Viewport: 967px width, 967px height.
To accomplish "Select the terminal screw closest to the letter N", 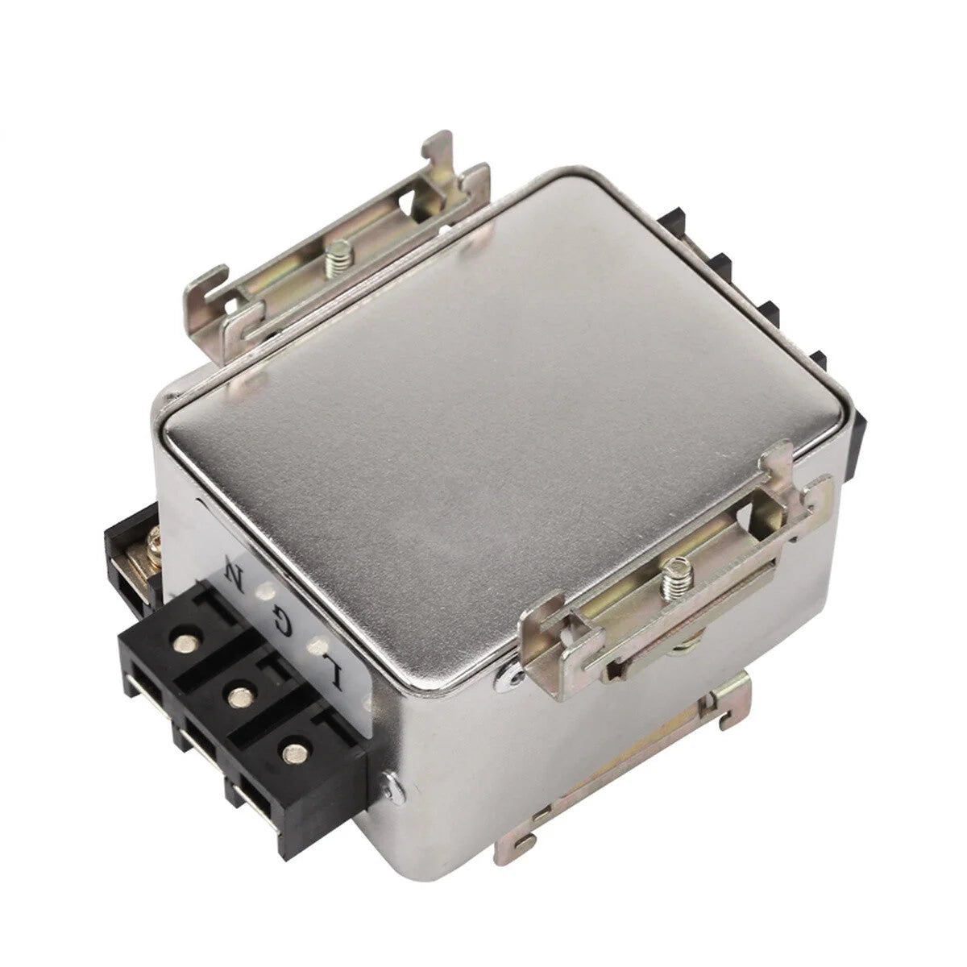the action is [x=185, y=642].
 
